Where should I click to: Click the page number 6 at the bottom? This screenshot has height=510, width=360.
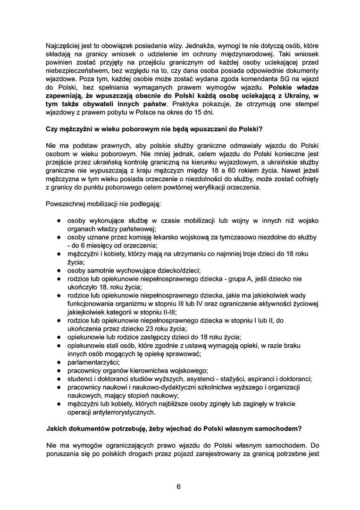(179, 486)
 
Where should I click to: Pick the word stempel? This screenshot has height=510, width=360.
(300, 104)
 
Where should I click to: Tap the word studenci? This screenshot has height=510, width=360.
(81, 379)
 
